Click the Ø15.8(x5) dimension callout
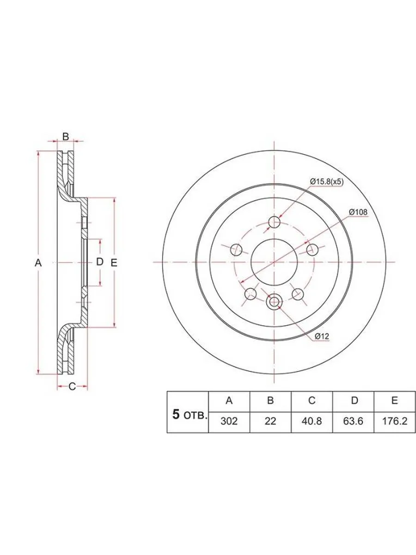click(327, 182)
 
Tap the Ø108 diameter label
click(358, 212)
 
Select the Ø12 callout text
click(322, 336)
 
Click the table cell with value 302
click(229, 421)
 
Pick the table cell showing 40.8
click(312, 421)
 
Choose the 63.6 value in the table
click(353, 421)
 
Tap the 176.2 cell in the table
click(395, 421)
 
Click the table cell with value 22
click(270, 421)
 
